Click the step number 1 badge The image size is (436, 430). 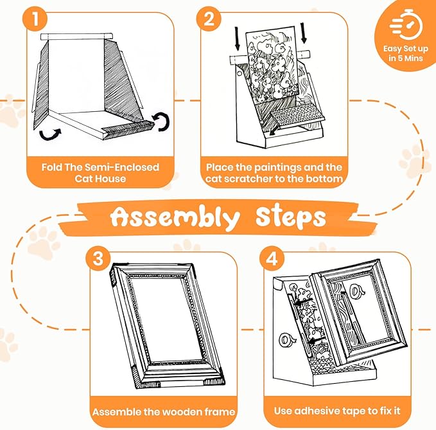[x=35, y=19]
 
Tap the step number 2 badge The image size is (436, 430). [x=209, y=19]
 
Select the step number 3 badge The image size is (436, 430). [x=98, y=258]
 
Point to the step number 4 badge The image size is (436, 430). [x=272, y=258]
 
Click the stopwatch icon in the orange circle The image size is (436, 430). [x=406, y=24]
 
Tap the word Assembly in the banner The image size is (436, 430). [x=175, y=218]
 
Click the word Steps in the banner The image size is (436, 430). [x=291, y=217]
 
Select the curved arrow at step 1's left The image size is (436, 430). [x=50, y=134]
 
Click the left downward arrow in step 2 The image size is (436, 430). [x=237, y=39]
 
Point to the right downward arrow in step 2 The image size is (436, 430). [x=303, y=33]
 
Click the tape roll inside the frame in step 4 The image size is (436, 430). [x=357, y=291]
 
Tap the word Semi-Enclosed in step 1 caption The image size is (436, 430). [x=122, y=167]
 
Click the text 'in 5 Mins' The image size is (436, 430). [x=406, y=58]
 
